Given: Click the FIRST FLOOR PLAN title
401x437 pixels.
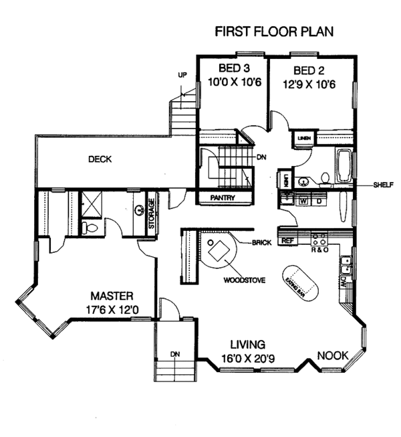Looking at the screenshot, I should coord(273,31).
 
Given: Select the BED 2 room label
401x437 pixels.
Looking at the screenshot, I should coord(309,70).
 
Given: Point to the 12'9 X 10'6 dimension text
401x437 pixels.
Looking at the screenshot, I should coord(309,85).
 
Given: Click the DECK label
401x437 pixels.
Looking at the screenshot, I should coord(100,159).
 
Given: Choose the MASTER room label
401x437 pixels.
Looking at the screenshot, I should coord(112,295).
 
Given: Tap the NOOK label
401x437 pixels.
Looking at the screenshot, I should coord(332,355).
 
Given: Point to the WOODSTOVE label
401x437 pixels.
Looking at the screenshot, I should coord(242,280).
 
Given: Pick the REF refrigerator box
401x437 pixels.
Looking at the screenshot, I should coord(288,240).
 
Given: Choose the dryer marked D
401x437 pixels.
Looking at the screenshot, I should coord(318,199).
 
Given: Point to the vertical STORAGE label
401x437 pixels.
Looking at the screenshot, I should coord(151,213).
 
